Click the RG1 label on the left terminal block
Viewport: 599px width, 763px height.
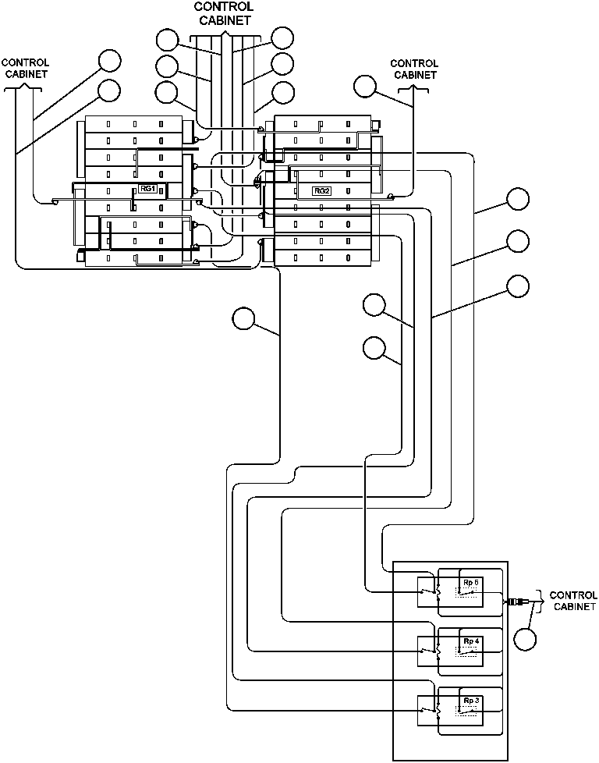(148, 189)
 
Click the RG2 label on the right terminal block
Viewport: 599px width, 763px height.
(321, 190)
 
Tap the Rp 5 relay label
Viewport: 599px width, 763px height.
(471, 583)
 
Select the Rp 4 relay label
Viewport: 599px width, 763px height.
(471, 641)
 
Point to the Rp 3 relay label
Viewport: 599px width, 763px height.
(471, 700)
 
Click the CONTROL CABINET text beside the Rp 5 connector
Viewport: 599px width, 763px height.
(573, 600)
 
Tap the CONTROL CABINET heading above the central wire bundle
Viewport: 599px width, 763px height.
(224, 13)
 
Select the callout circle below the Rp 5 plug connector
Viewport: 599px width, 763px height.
(526, 638)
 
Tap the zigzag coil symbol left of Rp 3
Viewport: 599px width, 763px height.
(437, 711)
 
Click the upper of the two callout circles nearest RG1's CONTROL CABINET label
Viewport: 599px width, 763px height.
(110, 61)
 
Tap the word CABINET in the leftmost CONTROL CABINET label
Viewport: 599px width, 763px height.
(26, 74)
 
